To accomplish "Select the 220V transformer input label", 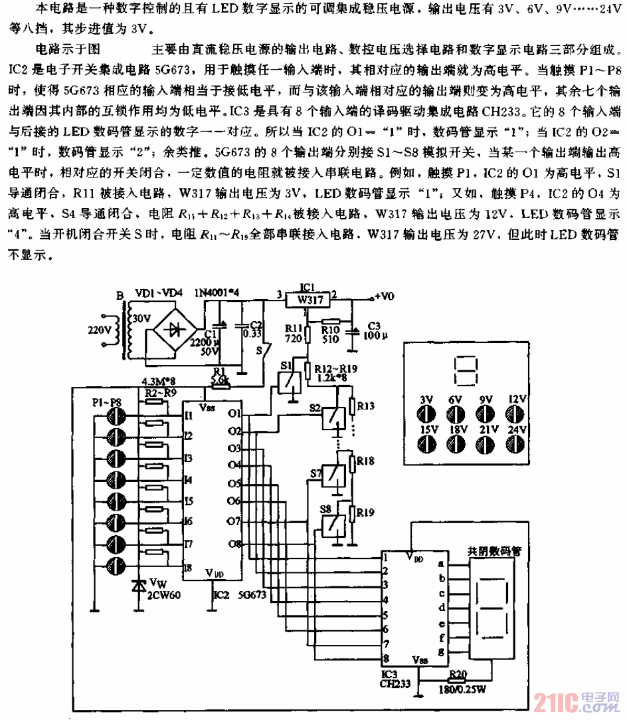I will (101, 328).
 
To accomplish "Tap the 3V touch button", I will (426, 414).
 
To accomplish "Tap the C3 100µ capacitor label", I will (372, 331).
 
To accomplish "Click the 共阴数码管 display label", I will (495, 551).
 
